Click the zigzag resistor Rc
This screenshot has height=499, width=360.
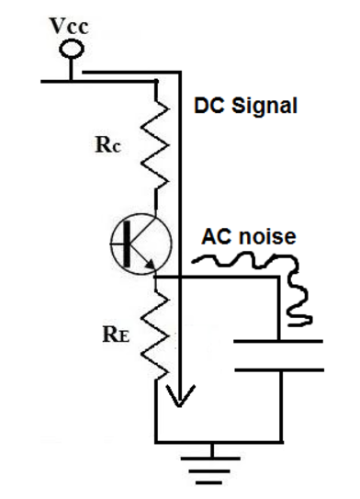coord(158,138)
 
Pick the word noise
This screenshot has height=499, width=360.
coord(266,237)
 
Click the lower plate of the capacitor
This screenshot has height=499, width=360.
coord(279,370)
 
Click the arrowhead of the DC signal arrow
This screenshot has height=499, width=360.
coord(181,397)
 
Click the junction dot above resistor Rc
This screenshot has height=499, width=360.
coord(157,81)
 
